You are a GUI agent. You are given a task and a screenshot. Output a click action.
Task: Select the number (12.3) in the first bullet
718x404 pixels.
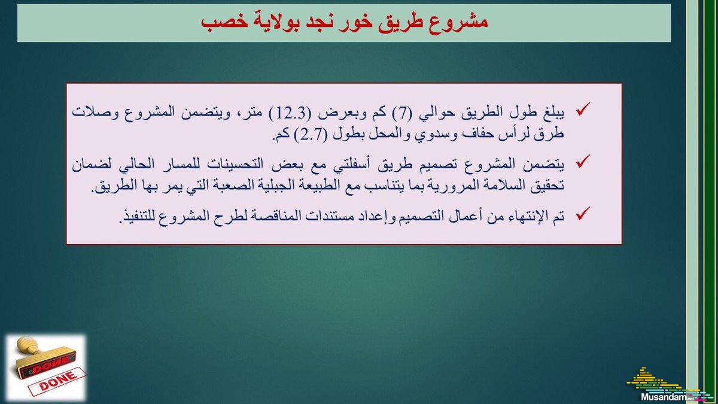290,114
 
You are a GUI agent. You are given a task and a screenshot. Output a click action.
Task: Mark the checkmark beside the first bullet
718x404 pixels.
583,109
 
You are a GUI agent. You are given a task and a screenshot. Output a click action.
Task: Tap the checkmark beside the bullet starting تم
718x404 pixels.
583,214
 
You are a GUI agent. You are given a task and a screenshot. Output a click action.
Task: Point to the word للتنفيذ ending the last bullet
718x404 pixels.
138,217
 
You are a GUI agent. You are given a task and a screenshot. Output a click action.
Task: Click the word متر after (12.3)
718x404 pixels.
255,113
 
